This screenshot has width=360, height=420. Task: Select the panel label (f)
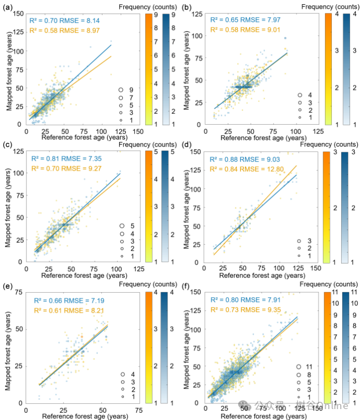(186, 284)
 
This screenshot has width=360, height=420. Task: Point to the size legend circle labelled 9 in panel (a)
(120, 90)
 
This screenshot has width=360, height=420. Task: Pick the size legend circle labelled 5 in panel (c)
(121, 226)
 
